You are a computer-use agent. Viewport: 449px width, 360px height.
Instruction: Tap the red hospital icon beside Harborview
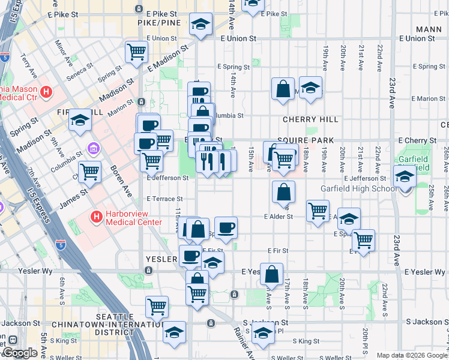(x=95, y=216)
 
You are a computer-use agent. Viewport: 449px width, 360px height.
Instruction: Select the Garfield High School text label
(x=358, y=188)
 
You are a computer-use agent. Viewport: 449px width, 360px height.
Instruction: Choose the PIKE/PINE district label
(x=159, y=22)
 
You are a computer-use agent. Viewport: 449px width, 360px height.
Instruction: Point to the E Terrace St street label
(x=164, y=199)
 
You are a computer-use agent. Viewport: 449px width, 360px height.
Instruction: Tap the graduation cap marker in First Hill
(x=79, y=121)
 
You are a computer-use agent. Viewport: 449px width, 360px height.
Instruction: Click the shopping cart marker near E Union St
(x=136, y=52)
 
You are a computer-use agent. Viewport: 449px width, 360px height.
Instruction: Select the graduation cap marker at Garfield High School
(x=405, y=176)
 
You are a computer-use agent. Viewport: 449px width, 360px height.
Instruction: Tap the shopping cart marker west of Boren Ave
(x=89, y=172)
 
